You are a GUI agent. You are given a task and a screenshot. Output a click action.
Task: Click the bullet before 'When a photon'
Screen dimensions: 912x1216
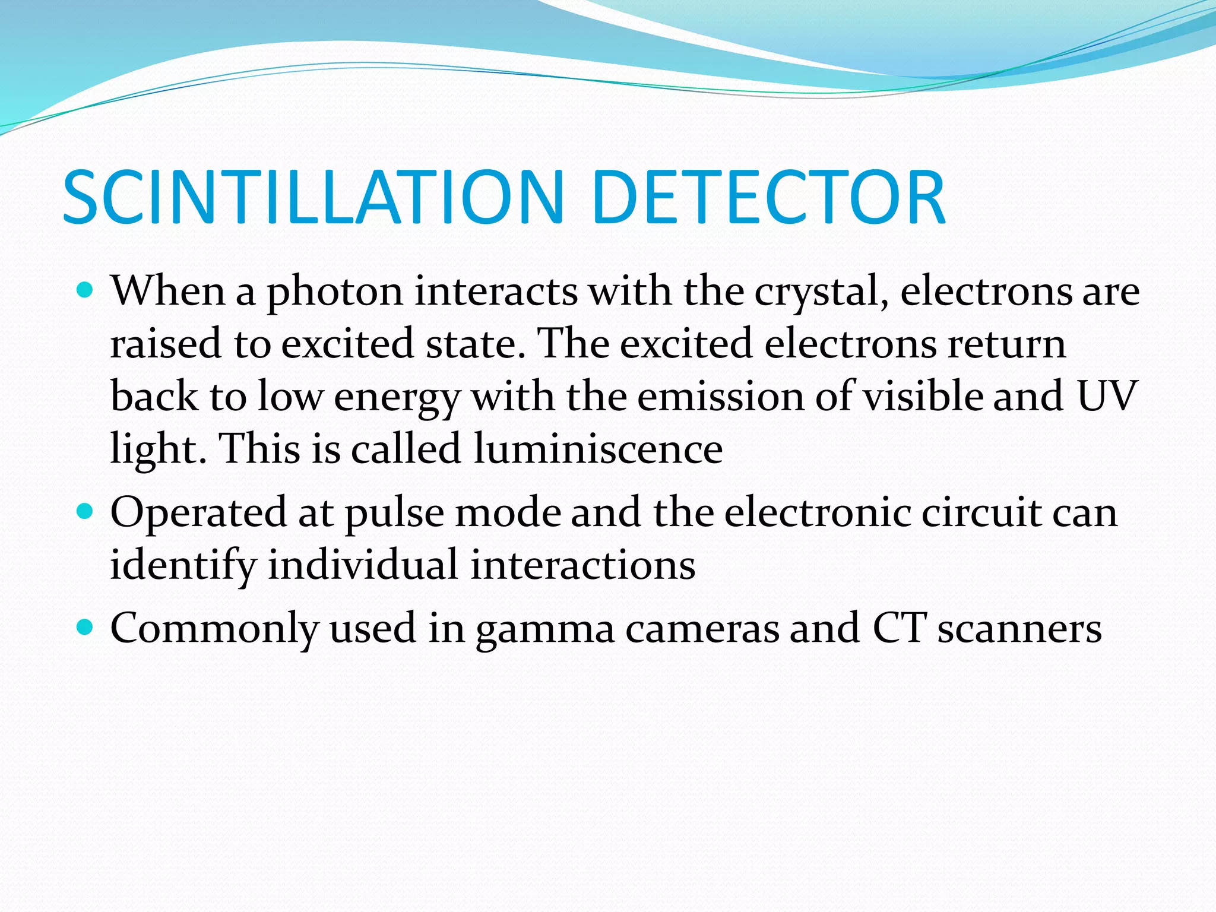[86, 290]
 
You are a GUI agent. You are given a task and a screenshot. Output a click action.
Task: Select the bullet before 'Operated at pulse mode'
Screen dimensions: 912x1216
[86, 511]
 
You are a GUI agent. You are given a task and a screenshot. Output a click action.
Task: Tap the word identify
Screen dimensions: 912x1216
[183, 565]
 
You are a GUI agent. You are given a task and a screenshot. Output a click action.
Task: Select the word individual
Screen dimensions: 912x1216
[363, 564]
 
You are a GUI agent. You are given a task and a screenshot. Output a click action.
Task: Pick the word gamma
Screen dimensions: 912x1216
[545, 631]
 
